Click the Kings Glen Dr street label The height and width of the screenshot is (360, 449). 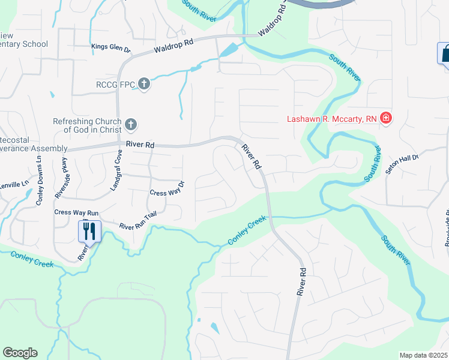[110, 46]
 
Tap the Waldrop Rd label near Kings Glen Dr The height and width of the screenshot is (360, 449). [174, 44]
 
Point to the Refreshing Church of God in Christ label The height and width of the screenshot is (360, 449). [87, 125]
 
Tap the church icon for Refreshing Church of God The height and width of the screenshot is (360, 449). [131, 125]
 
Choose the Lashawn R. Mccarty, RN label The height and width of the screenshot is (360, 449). [331, 118]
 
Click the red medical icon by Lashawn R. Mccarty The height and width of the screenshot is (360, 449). [386, 118]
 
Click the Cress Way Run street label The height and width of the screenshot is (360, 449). [76, 212]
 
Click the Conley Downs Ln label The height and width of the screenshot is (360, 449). [38, 181]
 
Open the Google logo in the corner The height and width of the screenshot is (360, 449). [20, 353]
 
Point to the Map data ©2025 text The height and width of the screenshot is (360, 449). [423, 355]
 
